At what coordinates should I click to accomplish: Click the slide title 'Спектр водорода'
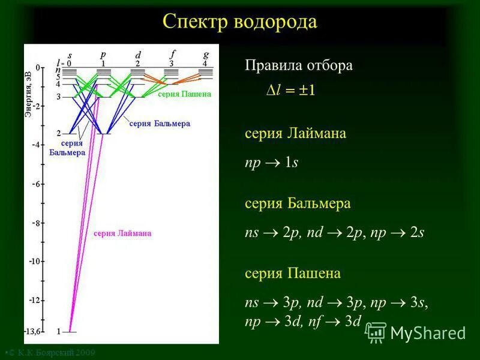pos(239,22)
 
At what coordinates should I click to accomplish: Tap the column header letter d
pos(138,55)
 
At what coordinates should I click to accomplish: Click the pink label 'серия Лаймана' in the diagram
pos(122,233)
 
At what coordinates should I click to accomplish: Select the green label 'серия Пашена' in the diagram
pos(185,94)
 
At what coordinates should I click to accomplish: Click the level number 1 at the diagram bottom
pos(58,331)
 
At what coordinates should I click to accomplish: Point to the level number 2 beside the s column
pos(58,133)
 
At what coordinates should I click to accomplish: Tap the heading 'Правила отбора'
pos(298,66)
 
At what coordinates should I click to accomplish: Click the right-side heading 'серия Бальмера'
pos(297,204)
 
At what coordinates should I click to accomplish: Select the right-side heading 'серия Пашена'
pos(292,274)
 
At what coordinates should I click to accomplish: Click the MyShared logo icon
pos(376,332)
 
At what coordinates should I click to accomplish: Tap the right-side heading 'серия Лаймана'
pos(295,134)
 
